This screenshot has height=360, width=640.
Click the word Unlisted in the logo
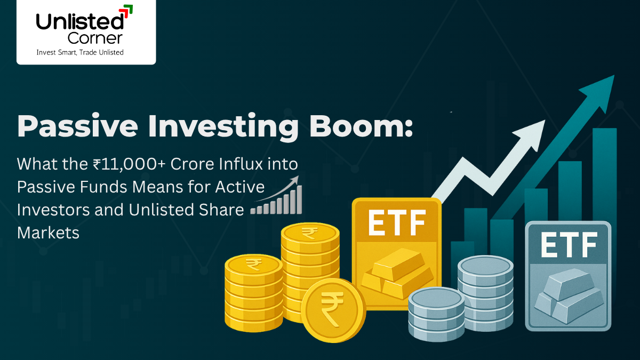79,21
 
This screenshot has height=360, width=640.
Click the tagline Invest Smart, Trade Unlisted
79,52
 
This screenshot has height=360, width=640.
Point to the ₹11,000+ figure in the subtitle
122,164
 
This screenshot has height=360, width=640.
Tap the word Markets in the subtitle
48,233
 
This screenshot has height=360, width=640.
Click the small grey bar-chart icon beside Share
277,199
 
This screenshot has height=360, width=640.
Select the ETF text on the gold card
396,222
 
